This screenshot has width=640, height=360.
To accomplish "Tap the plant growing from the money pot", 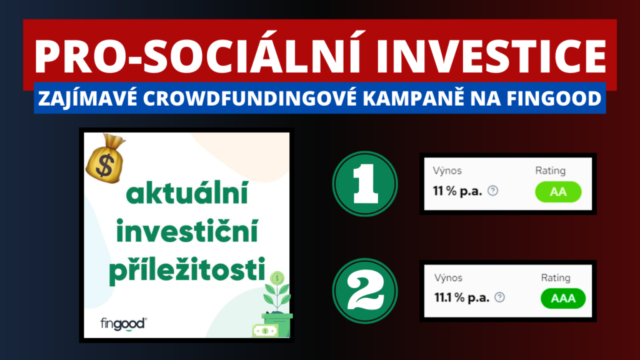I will (x=276, y=294).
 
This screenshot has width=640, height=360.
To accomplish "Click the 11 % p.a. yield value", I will (x=457, y=191).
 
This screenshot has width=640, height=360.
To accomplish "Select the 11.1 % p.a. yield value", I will (x=462, y=298).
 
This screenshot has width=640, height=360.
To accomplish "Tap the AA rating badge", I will (x=557, y=192).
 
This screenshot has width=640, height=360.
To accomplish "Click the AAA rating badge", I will (x=563, y=299).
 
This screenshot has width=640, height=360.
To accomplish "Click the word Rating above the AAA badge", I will (x=556, y=277).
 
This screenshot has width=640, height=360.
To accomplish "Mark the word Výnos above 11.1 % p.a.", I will (x=447, y=277).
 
